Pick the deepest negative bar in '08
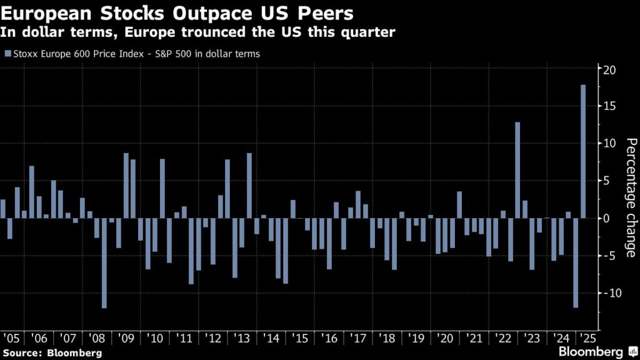[x=104, y=262]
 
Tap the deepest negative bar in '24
[x=576, y=262]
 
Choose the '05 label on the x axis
[x=11, y=338]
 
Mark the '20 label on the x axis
[x=446, y=338]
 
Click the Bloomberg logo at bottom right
[x=596, y=352]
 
